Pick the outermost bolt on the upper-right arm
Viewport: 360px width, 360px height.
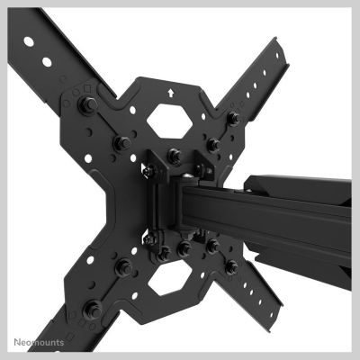233,118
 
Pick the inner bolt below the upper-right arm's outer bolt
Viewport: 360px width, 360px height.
212,143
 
